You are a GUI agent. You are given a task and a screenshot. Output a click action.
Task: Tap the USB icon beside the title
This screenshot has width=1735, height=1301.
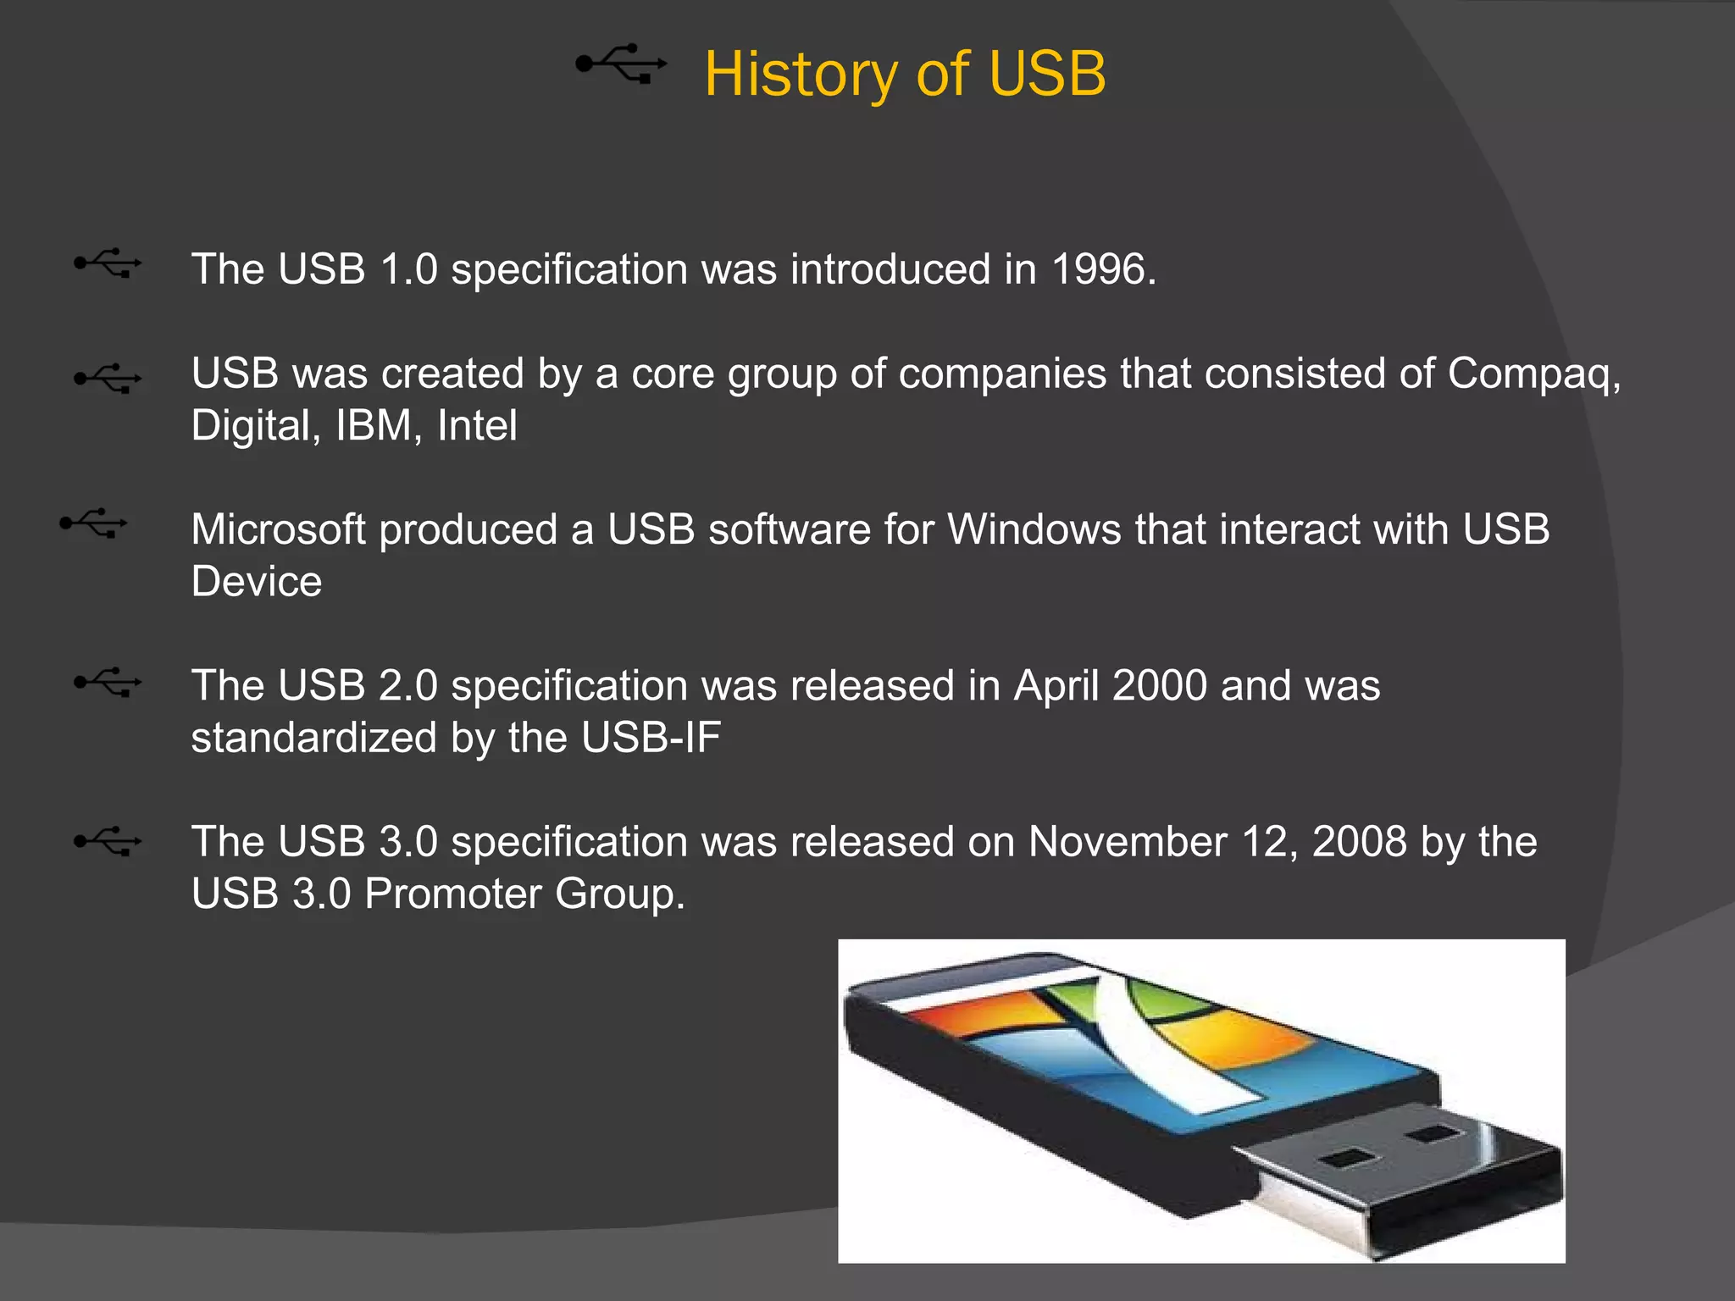(621, 64)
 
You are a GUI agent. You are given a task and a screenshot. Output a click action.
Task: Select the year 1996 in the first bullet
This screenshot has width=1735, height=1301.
(1098, 269)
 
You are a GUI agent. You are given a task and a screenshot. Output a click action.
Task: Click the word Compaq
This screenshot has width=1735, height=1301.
(1532, 374)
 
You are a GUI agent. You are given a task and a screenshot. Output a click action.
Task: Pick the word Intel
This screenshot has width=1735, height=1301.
(477, 425)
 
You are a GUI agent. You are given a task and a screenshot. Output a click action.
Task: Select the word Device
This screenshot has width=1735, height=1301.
(257, 582)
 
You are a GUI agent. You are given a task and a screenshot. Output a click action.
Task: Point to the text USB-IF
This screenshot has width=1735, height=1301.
(651, 738)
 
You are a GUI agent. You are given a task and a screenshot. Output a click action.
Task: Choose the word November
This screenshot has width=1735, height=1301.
(1128, 842)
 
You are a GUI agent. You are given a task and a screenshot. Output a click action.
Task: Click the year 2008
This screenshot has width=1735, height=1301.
(1359, 842)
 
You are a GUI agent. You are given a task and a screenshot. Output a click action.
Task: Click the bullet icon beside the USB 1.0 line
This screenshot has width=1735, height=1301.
(108, 263)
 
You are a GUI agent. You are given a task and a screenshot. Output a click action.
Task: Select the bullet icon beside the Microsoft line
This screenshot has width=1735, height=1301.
(93, 523)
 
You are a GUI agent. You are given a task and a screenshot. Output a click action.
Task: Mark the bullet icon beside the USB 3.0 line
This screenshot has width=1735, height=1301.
(108, 842)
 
